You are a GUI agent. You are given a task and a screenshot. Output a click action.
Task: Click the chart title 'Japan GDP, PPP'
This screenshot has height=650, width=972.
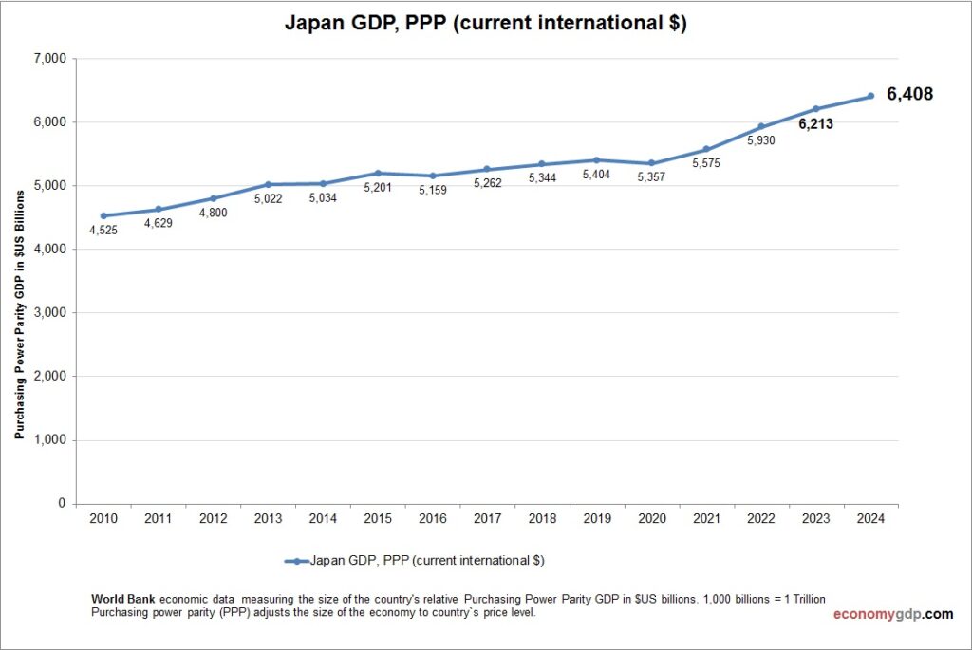click(x=485, y=24)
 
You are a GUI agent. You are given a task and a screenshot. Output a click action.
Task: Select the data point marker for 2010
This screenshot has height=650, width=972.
click(x=103, y=215)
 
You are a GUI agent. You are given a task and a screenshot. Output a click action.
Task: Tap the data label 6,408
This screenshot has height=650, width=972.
click(x=909, y=94)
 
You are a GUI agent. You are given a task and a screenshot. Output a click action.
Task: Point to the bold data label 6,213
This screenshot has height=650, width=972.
click(x=814, y=123)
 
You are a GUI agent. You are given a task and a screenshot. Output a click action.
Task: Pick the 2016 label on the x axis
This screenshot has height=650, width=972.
click(x=432, y=518)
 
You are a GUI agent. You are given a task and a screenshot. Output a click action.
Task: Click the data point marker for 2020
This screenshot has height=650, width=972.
click(x=651, y=163)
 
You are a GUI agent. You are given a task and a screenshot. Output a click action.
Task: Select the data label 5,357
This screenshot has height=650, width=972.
click(x=651, y=177)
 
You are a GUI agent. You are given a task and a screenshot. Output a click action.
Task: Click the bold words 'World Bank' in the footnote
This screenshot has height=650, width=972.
click(x=123, y=600)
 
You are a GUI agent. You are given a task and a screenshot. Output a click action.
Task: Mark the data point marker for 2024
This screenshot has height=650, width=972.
click(x=870, y=96)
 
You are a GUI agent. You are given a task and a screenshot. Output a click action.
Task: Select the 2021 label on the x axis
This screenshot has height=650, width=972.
click(x=706, y=518)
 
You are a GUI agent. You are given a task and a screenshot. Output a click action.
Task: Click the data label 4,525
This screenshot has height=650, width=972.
click(x=103, y=231)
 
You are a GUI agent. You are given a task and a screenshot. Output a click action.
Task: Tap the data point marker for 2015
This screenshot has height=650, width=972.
click(x=378, y=173)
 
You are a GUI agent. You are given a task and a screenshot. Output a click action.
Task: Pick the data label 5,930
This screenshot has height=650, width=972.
click(x=760, y=140)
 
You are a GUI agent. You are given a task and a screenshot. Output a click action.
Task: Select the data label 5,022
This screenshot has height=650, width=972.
click(x=268, y=199)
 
